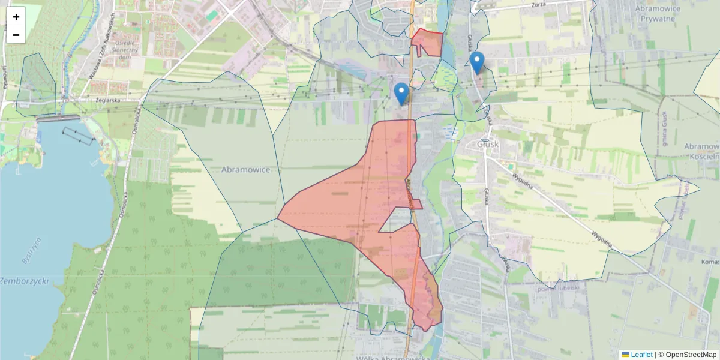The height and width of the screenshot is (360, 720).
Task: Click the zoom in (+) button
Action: pos(16,17)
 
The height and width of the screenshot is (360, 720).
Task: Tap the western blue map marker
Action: pos(401,94)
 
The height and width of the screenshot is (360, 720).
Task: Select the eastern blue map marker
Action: pos(477,62)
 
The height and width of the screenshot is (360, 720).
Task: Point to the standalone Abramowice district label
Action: pos(245,170)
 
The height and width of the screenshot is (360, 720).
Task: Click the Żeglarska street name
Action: pos(111,101)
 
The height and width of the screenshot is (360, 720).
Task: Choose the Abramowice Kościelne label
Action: pos(702,151)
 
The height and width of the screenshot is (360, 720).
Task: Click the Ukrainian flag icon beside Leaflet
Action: pos(625,355)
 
